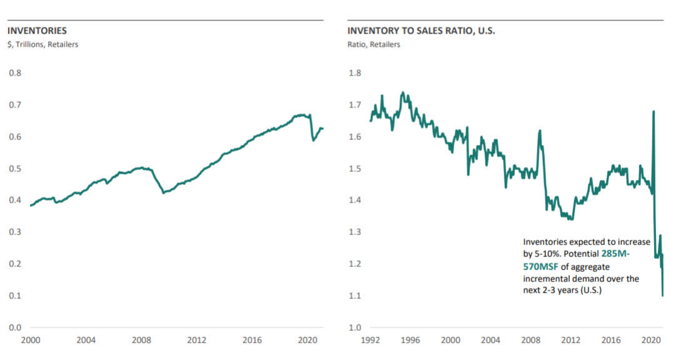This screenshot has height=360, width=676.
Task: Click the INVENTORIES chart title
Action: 37,31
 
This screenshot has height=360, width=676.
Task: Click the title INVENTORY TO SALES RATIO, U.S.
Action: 421,31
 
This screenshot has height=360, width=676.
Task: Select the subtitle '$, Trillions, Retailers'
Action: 42,44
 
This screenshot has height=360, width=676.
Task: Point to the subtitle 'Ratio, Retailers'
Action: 374,44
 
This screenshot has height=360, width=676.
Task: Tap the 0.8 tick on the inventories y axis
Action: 14,72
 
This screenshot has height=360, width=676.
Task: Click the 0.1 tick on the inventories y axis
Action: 14,296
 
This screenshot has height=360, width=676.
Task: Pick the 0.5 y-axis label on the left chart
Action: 14,169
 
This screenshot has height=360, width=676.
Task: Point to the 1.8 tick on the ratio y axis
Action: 354,72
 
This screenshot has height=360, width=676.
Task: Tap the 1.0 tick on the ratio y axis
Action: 354,327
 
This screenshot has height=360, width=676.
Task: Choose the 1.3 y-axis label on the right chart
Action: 354,232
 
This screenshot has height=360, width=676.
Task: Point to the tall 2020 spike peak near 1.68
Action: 654,112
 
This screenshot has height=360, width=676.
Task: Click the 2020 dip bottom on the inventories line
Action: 313,141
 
